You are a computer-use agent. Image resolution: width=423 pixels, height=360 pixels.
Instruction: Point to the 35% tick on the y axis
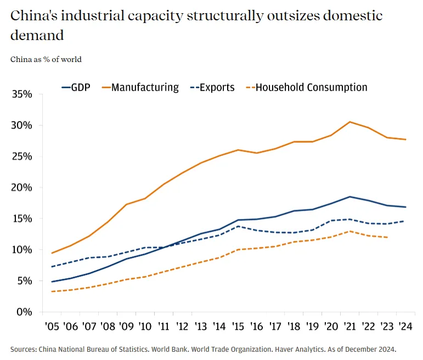coord(22,94)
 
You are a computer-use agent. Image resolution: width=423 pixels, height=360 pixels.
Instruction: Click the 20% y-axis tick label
coord(22,188)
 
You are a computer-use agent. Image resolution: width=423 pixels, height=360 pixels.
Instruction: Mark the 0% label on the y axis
coord(25,312)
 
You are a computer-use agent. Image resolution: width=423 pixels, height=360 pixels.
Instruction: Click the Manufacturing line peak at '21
coord(350,122)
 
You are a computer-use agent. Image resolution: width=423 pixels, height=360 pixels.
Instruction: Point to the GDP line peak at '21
coord(350,196)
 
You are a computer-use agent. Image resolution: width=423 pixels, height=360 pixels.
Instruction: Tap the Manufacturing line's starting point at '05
coord(52,253)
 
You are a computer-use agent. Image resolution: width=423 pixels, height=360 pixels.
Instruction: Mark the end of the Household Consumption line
coord(387,238)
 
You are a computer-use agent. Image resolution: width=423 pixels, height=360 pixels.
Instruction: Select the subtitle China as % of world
coord(46,59)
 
